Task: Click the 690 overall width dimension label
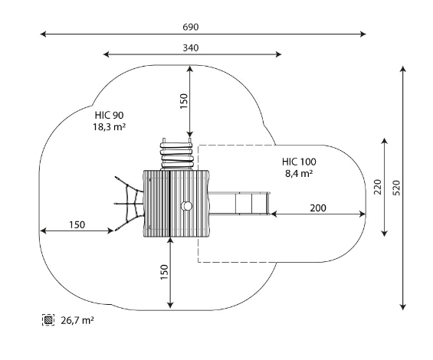pos(191,27)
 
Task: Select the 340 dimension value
pos(191,48)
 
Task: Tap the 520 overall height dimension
pos(396,188)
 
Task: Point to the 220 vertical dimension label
pos(378,187)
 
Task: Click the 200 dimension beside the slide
pos(318,208)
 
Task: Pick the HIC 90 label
pos(110,115)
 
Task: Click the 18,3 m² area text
pos(110,126)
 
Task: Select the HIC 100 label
pos(299,162)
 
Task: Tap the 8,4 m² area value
pos(299,174)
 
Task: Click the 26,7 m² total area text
pos(77,320)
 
